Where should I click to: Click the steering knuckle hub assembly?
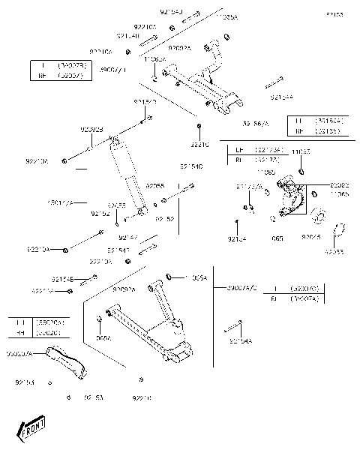coord(289,202)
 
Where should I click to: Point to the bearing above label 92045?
coord(318,219)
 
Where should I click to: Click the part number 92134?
coord(237,238)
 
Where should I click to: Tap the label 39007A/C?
coord(240,287)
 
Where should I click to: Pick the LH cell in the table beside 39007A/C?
coord(275,287)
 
